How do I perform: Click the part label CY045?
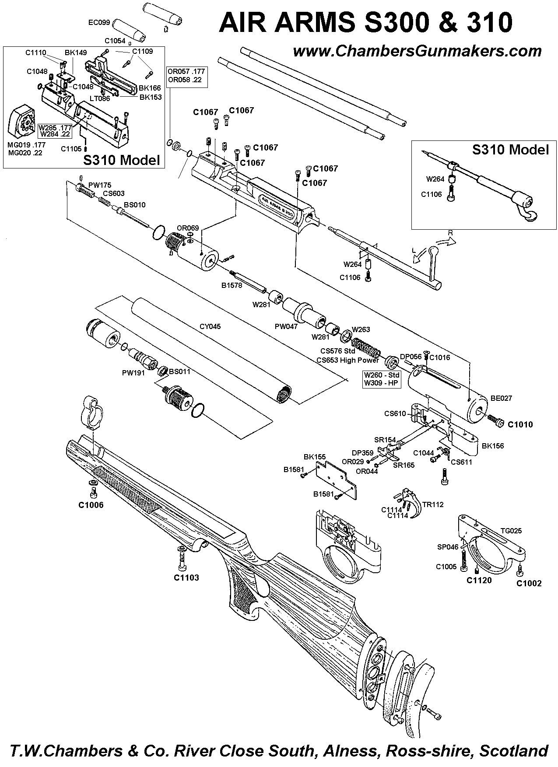tap(210, 326)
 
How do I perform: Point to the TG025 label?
tap(511, 531)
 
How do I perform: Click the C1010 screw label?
tap(520, 424)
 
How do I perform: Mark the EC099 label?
tap(99, 22)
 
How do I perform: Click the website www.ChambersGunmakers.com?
tap(417, 52)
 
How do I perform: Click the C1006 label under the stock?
tap(91, 505)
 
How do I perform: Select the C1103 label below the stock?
tap(186, 578)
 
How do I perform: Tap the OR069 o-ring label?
tap(188, 228)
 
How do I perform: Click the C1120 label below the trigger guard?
tap(480, 580)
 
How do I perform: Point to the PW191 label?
tap(134, 373)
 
